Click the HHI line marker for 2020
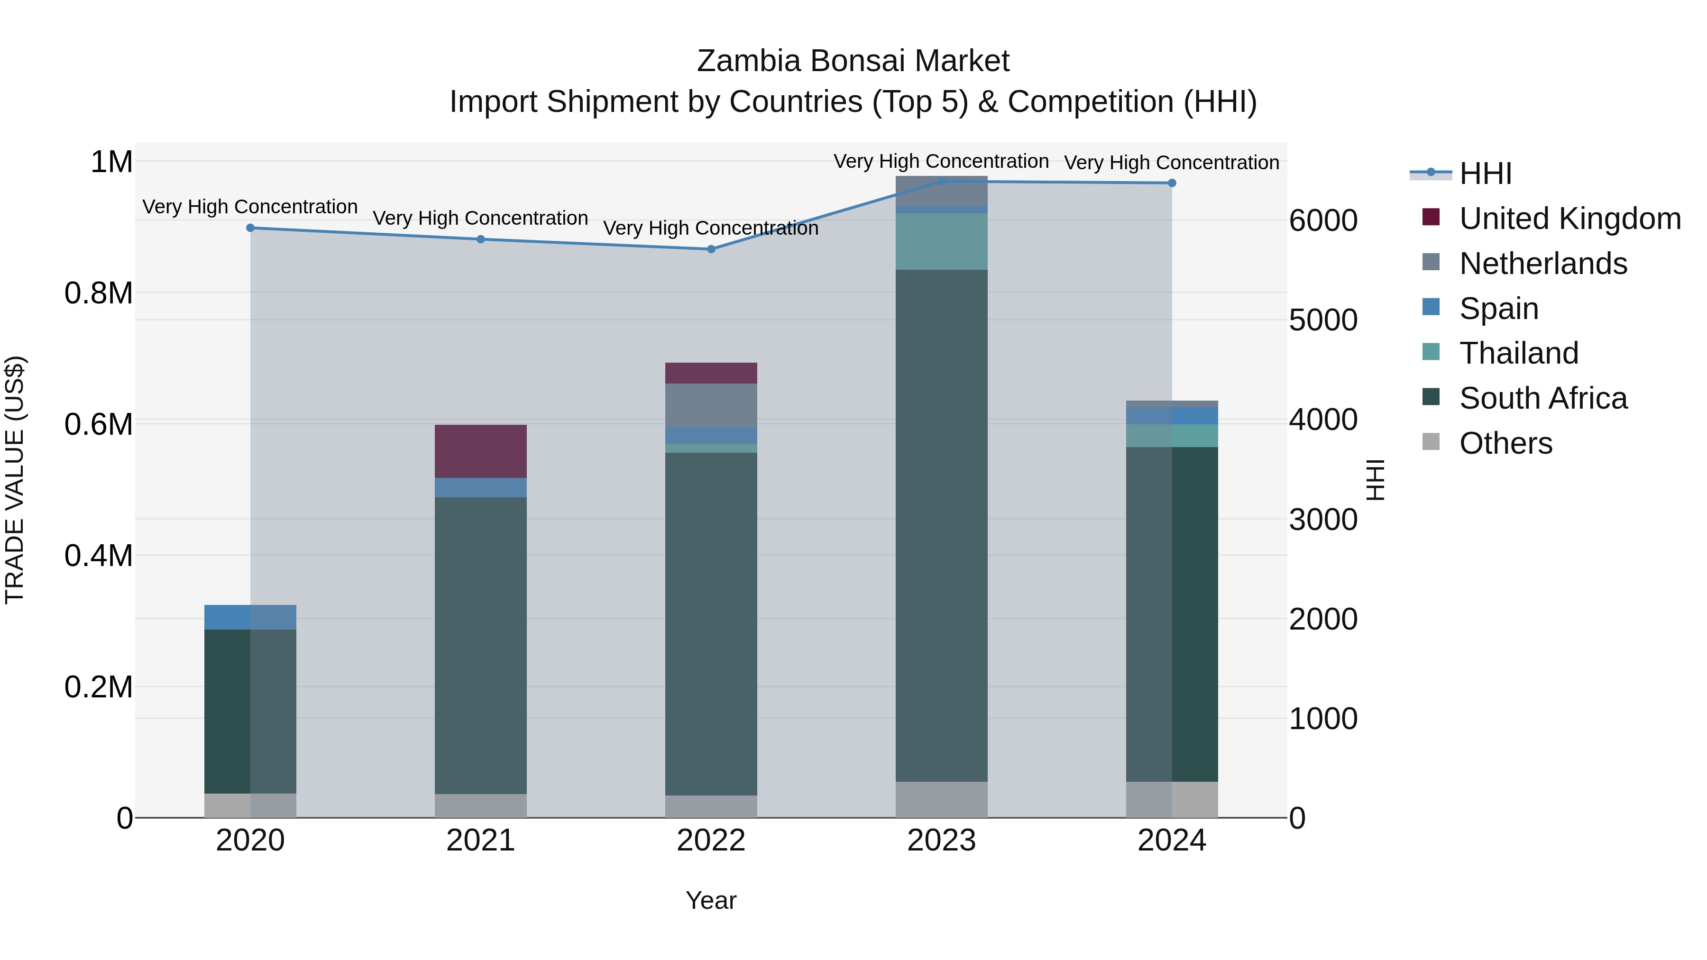click(250, 228)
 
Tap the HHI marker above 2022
click(711, 249)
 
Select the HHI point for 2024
click(1172, 183)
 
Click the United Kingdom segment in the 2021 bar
click(480, 451)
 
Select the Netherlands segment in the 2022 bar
click(711, 405)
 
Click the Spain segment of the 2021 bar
click(480, 488)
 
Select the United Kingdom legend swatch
click(1432, 217)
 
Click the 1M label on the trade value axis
click(111, 162)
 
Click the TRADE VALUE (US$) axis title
click(15, 480)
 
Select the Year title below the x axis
click(711, 900)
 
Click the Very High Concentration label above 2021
click(480, 218)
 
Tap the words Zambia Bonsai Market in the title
click(853, 61)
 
